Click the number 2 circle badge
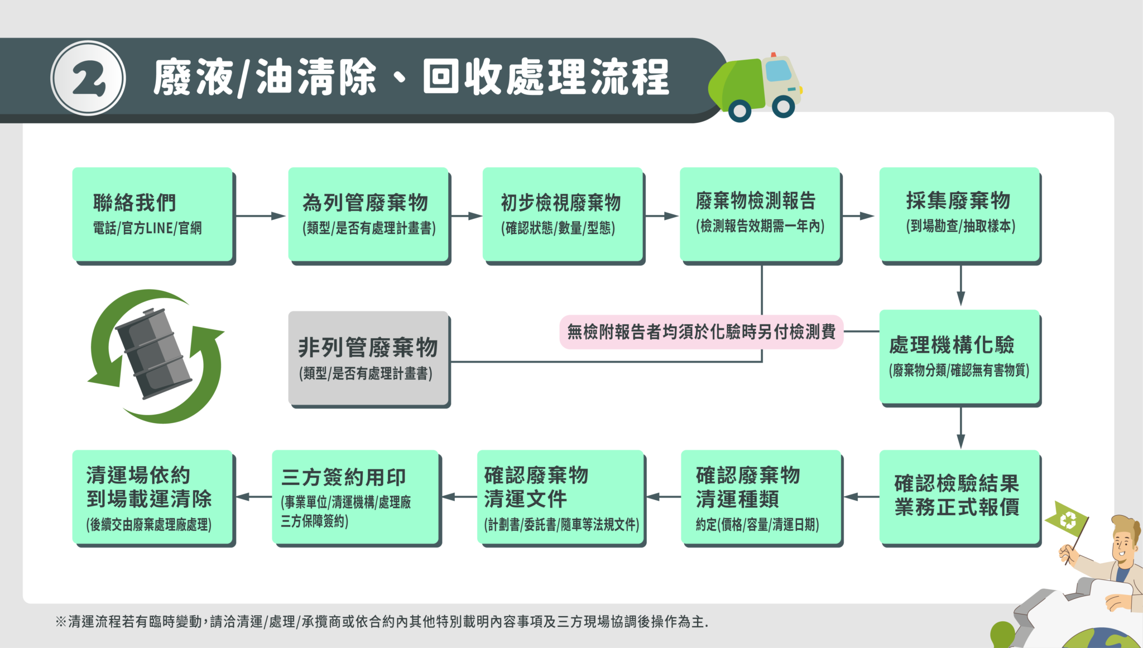coord(88,78)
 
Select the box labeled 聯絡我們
coord(152,214)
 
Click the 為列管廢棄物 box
coord(368,214)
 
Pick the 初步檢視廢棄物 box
coord(562,214)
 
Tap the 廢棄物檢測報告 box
coord(760,214)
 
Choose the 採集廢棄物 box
coord(959,214)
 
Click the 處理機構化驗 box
coord(959,357)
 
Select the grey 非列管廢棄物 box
coord(368,358)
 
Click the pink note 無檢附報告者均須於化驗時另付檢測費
coord(701,332)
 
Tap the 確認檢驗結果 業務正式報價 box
coord(959,496)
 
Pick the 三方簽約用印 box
coord(355,496)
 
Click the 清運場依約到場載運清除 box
coord(152,496)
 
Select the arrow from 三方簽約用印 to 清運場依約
coord(253,496)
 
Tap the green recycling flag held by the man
coord(1067,520)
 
